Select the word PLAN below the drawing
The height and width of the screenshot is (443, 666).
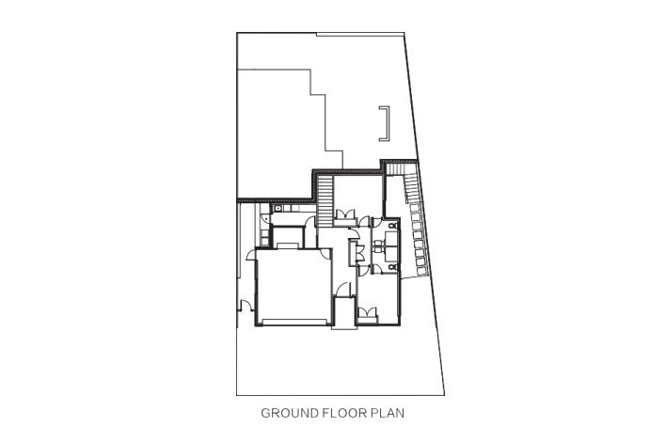(x=388, y=413)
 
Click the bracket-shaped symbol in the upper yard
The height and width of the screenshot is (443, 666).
(x=385, y=123)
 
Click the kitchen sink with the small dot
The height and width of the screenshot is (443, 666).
(x=277, y=208)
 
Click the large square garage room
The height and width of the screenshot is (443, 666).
(x=293, y=287)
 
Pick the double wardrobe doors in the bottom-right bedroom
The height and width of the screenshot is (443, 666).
(x=367, y=312)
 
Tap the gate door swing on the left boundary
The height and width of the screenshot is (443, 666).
(x=245, y=305)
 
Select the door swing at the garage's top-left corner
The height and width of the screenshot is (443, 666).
(x=251, y=254)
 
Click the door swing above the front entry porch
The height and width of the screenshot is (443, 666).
(x=343, y=290)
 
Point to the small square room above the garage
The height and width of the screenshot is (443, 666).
(x=288, y=238)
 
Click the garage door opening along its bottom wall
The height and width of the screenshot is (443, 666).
(x=296, y=322)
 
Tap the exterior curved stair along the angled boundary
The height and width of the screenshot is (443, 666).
(x=417, y=229)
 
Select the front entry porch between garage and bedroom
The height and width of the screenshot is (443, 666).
(x=343, y=313)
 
